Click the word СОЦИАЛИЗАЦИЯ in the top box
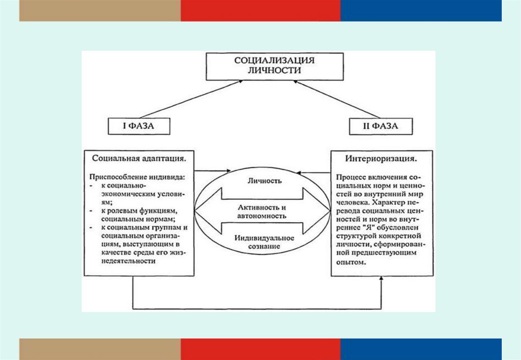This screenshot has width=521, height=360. pyautogui.click(x=274, y=61)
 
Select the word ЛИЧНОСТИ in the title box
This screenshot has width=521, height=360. pyautogui.click(x=275, y=71)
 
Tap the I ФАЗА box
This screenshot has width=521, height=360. pyautogui.click(x=138, y=126)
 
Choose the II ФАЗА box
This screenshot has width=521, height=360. pyautogui.click(x=381, y=126)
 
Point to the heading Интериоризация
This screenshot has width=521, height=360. pyautogui.click(x=382, y=159)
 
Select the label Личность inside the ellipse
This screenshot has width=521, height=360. pyautogui.click(x=263, y=181)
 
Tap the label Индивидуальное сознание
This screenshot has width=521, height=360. pyautogui.click(x=262, y=242)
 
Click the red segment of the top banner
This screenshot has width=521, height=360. pyautogui.click(x=260, y=10)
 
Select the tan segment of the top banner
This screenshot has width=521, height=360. pyautogui.click(x=100, y=10)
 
